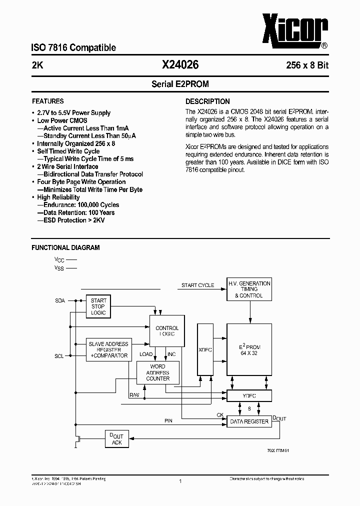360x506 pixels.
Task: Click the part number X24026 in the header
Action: (180, 64)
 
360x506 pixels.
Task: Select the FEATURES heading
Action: (48, 101)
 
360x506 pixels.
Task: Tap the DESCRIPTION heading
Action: (207, 101)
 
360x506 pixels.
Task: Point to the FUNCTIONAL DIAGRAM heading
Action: (65, 247)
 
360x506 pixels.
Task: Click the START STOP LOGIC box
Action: (98, 306)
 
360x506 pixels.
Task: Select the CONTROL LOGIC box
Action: (167, 331)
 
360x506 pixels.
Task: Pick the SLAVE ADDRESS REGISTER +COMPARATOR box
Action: (108, 350)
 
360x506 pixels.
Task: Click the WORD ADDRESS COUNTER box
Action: (157, 372)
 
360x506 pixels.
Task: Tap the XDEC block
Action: (205, 349)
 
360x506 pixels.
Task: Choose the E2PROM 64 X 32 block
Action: (249, 349)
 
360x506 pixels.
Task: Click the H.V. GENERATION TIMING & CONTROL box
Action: (249, 289)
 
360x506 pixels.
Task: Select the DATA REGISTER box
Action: (249, 421)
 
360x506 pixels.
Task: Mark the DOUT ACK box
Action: (117, 439)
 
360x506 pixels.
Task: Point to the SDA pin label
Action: (59, 301)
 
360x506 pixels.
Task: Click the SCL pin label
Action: (59, 356)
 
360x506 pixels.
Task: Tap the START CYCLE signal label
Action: (197, 285)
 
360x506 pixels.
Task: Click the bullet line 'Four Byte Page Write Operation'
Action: (81, 182)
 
